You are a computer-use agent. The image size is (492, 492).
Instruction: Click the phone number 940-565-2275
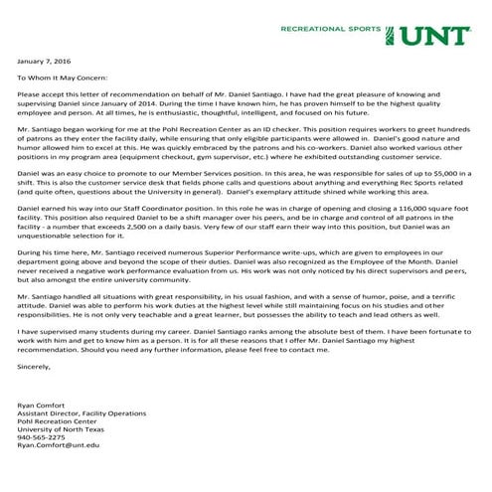(x=41, y=438)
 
